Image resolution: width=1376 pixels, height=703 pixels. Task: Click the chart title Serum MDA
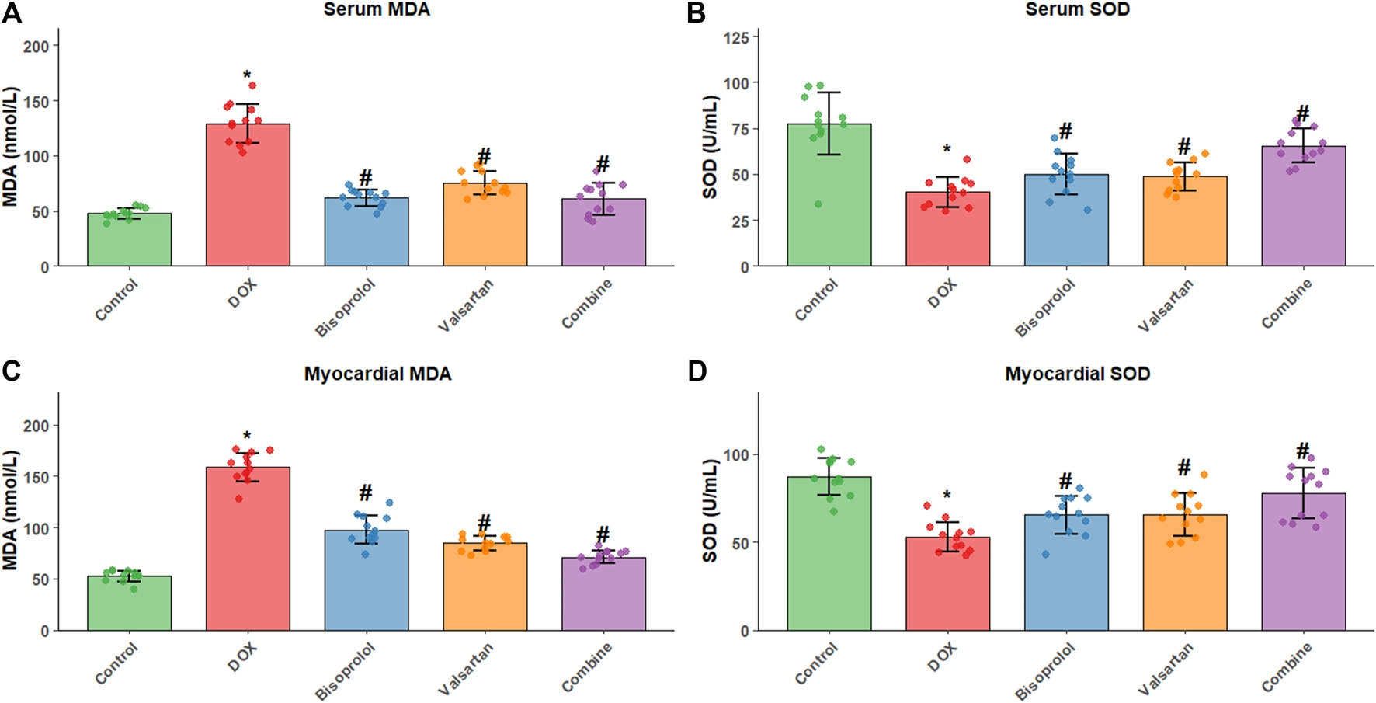point(377,10)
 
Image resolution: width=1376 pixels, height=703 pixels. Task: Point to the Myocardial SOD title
point(1077,374)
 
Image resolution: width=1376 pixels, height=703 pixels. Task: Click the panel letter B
point(697,13)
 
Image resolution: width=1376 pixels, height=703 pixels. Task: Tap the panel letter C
point(11,371)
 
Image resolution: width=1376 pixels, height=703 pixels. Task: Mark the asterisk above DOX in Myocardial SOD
point(947,496)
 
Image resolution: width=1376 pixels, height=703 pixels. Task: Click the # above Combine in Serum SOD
point(1303,113)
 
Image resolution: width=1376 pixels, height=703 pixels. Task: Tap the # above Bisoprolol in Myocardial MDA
point(366,492)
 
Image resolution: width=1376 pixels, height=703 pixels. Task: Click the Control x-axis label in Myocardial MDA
point(116,664)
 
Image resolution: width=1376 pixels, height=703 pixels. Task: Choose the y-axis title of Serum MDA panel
point(11,147)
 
